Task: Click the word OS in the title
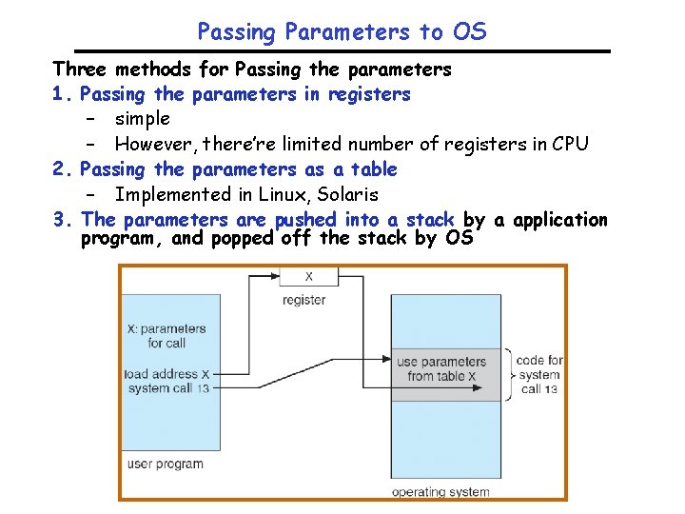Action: (x=469, y=31)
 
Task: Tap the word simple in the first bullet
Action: (x=142, y=119)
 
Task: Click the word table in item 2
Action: (x=373, y=169)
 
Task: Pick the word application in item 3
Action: (x=559, y=220)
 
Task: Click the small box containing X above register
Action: (x=306, y=276)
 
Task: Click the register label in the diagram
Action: (x=304, y=300)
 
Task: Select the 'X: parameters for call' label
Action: (x=166, y=336)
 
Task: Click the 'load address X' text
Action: (x=166, y=374)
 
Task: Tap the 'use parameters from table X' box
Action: (x=445, y=369)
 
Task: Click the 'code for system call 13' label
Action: (x=539, y=374)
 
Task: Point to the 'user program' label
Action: (x=165, y=464)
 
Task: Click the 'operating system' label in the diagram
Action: (x=441, y=492)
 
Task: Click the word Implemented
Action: (x=167, y=194)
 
